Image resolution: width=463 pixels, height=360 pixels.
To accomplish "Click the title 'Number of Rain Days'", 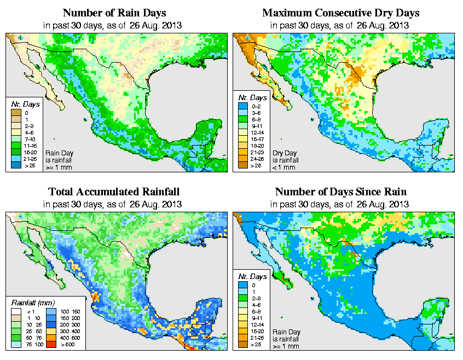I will click(x=114, y=13).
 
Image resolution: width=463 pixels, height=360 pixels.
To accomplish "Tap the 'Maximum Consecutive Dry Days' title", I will click(x=340, y=13).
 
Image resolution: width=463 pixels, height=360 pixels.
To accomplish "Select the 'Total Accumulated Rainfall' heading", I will click(x=114, y=192).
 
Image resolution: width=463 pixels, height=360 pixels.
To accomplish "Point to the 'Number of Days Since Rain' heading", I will click(x=340, y=192).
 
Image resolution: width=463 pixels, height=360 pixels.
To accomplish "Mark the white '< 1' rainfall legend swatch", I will click(x=16, y=311).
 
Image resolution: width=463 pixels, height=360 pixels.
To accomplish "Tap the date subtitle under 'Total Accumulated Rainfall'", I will click(x=114, y=204).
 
